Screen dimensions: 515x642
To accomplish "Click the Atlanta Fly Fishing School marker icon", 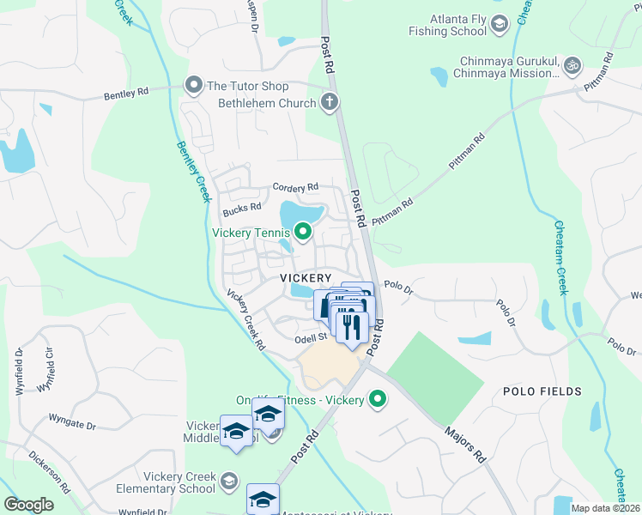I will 499,24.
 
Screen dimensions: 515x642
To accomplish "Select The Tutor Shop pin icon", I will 193,85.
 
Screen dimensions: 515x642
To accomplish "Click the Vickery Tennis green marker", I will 302,232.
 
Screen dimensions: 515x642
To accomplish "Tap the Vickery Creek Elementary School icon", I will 228,482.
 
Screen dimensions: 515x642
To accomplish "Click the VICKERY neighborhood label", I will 305,278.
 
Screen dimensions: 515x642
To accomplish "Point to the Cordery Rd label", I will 295,186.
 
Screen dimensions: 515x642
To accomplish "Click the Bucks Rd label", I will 241,208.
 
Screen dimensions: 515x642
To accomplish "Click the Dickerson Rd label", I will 50,471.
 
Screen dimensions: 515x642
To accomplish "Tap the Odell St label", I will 312,338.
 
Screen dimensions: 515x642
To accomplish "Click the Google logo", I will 28,505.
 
